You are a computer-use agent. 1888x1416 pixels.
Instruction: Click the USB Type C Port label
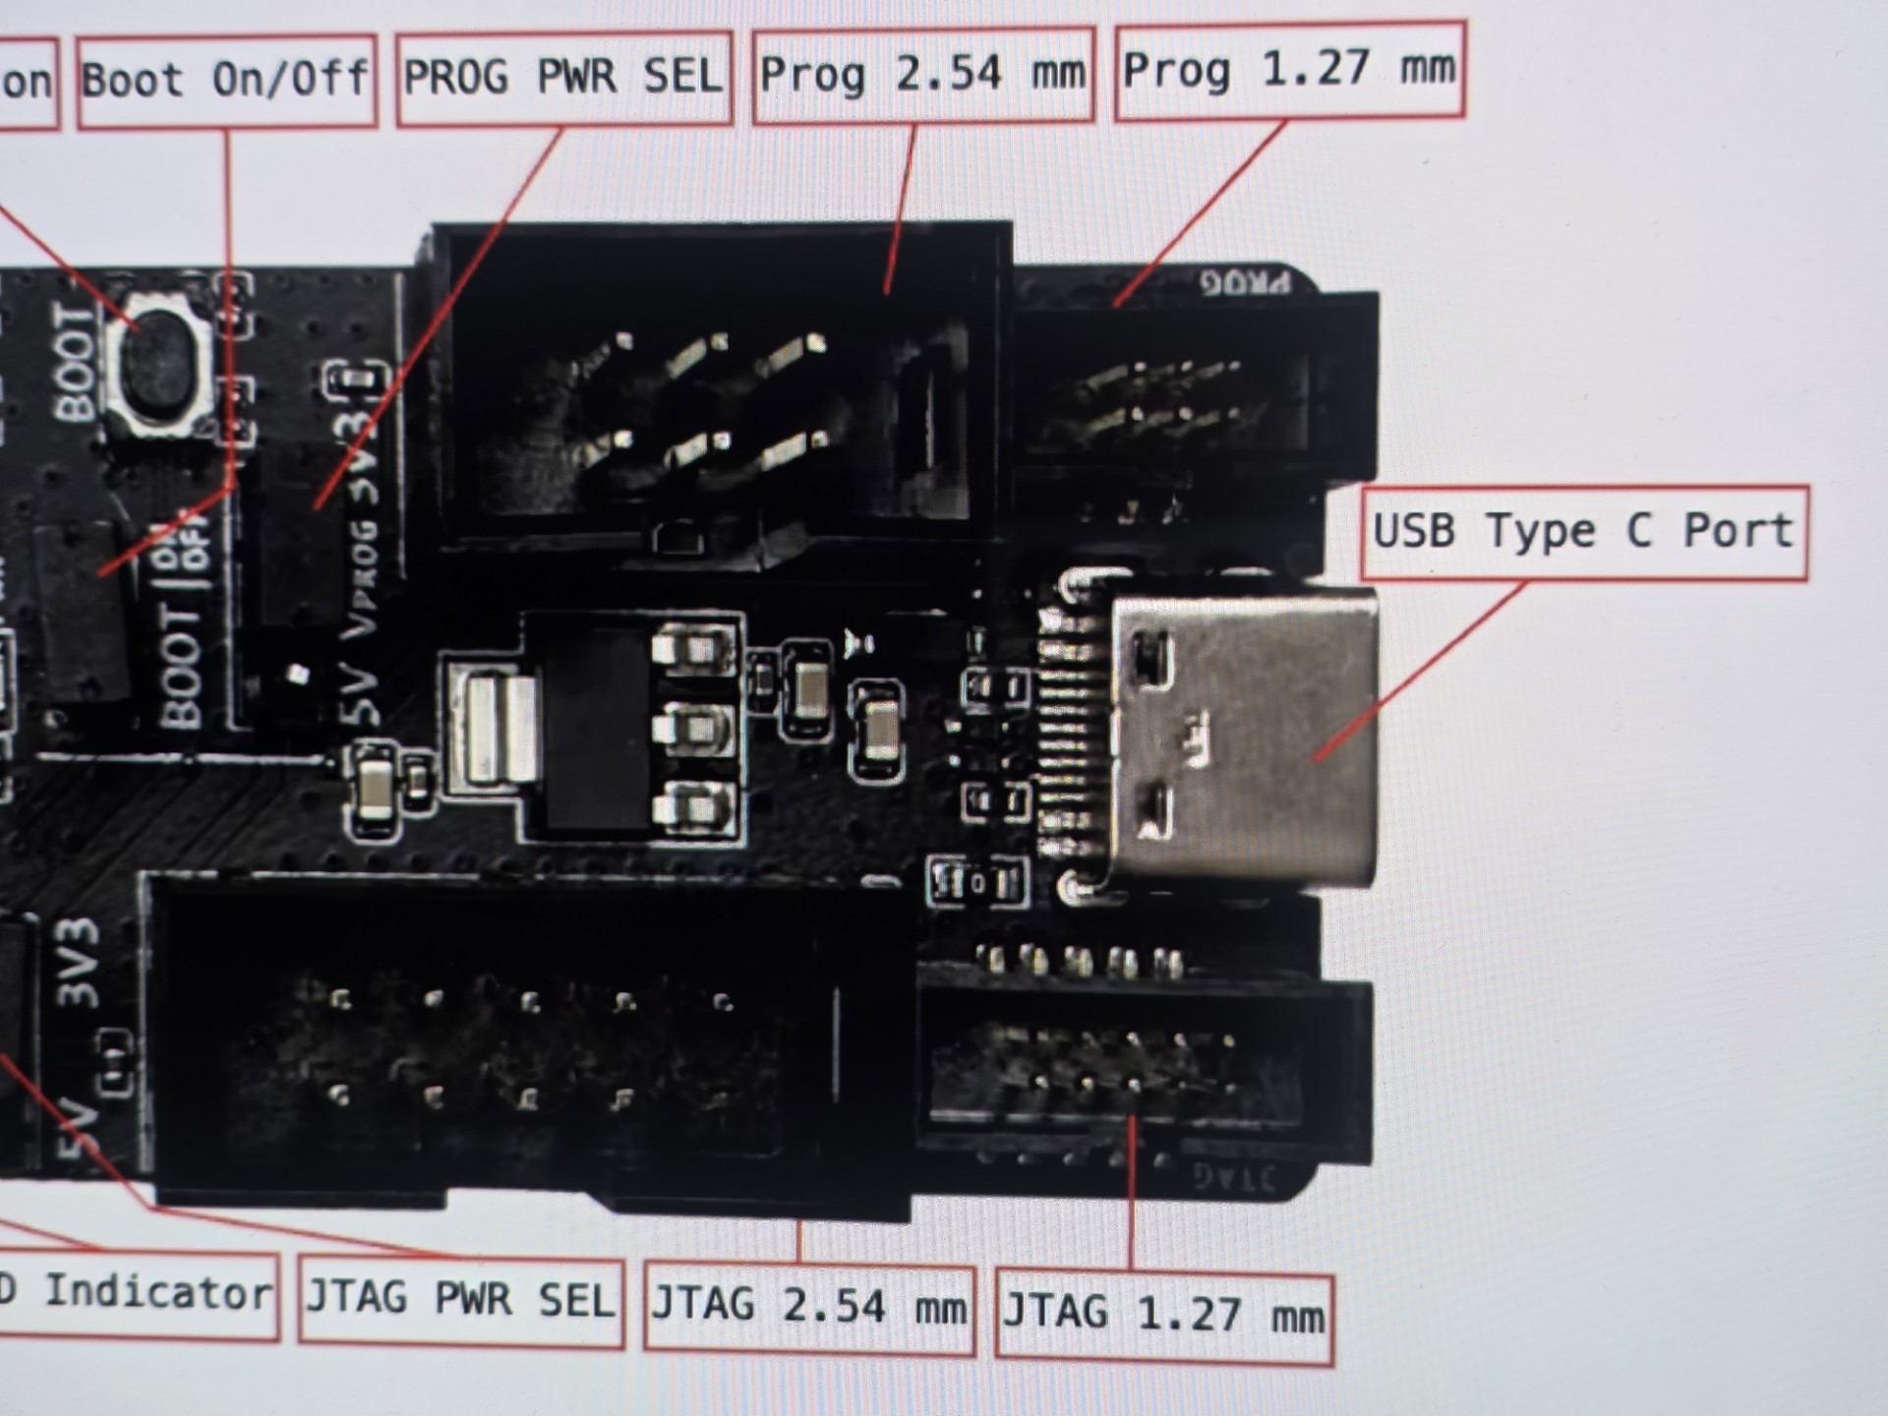click(1583, 531)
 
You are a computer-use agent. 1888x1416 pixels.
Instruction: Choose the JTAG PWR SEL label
click(460, 1301)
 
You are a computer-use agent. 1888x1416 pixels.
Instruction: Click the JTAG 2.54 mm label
click(808, 1308)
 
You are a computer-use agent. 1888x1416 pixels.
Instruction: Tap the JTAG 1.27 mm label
click(1163, 1315)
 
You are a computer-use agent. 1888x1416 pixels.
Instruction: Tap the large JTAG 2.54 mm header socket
click(531, 1047)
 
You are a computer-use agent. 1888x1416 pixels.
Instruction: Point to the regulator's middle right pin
click(694, 729)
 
